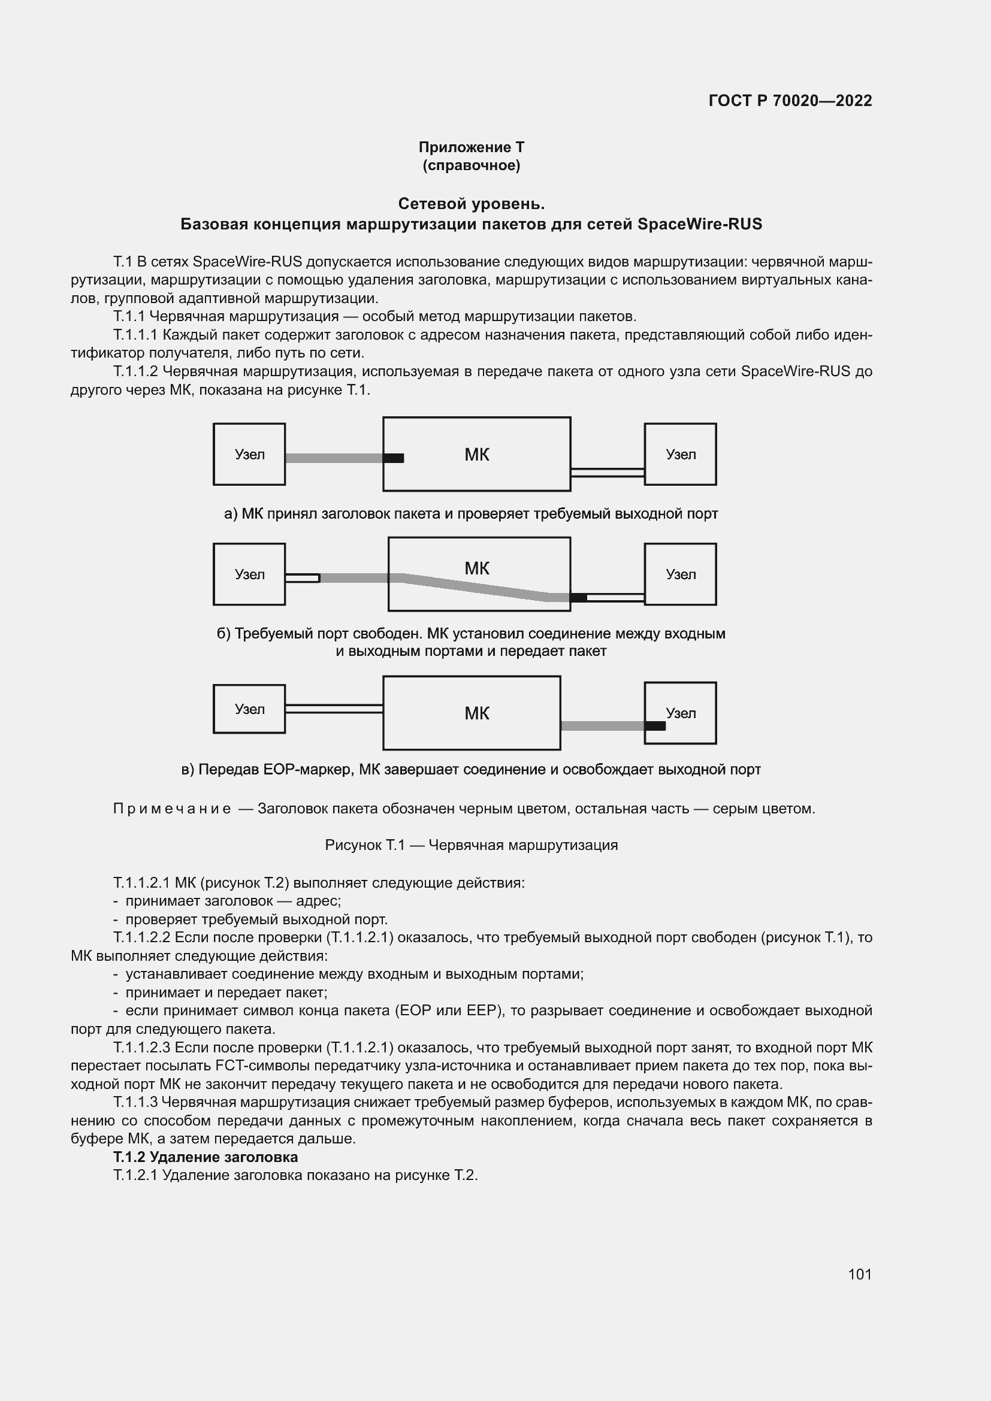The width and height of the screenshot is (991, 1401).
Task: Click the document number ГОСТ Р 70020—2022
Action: pyautogui.click(x=790, y=101)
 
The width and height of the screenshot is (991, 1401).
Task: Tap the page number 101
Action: pyautogui.click(x=859, y=1273)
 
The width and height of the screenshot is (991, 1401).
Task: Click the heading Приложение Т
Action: pyautogui.click(x=471, y=147)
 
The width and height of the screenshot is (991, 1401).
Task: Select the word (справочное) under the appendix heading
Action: pyautogui.click(x=471, y=165)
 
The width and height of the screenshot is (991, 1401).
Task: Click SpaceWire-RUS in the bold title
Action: pyautogui.click(x=699, y=224)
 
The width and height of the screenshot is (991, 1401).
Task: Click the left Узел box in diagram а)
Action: pyautogui.click(x=249, y=454)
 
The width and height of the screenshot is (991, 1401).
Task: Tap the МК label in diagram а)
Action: pyautogui.click(x=476, y=455)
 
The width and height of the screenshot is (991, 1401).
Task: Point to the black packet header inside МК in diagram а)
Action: pyautogui.click(x=394, y=458)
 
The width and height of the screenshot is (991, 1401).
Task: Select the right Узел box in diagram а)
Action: pyautogui.click(x=680, y=454)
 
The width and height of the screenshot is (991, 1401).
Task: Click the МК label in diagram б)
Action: pyautogui.click(x=476, y=568)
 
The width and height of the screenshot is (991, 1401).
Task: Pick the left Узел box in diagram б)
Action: pyautogui.click(x=249, y=574)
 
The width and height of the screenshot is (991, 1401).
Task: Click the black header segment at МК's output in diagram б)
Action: pyautogui.click(x=578, y=597)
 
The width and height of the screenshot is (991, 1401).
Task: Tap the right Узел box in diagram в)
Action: pyautogui.click(x=680, y=713)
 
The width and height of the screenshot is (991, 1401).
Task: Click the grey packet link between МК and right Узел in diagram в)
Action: pyautogui.click(x=602, y=725)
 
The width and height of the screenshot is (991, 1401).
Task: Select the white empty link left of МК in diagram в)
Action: pyautogui.click(x=334, y=709)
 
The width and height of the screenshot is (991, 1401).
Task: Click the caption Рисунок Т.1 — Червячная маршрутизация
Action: pyautogui.click(x=471, y=845)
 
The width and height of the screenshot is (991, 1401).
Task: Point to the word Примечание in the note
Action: pyautogui.click(x=172, y=809)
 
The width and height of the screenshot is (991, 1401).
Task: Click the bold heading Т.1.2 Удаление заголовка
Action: pyautogui.click(x=206, y=1157)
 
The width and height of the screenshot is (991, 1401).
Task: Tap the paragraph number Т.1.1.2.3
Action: pyautogui.click(x=142, y=1048)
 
